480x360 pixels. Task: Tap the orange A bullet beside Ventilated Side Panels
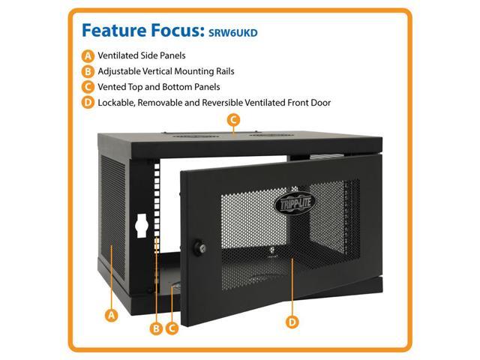point(88,55)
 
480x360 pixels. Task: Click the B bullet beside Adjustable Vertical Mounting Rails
point(88,71)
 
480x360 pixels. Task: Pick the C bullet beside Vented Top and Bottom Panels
point(88,87)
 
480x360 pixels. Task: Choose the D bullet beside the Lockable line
point(88,103)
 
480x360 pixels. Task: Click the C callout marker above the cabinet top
point(233,120)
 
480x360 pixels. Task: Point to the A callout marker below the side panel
point(112,315)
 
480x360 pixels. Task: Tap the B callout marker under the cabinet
point(157,328)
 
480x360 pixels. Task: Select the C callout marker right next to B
point(172,328)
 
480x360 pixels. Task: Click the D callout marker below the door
point(292,322)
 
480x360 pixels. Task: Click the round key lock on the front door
point(199,244)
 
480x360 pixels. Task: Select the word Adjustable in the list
point(124,71)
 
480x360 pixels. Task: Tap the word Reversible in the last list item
point(232,103)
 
